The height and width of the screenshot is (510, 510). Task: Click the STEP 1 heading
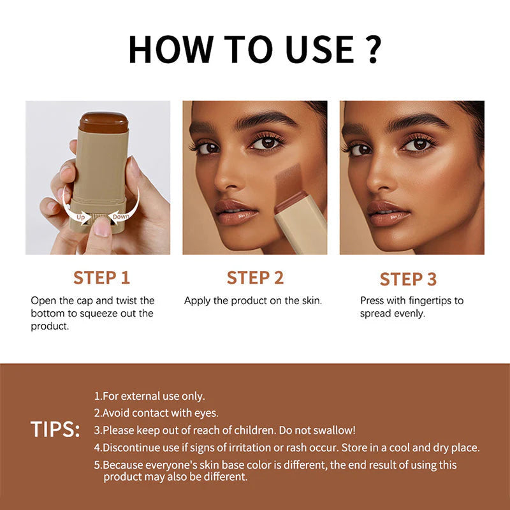[x=101, y=277]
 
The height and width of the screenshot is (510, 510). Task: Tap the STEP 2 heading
[x=255, y=277]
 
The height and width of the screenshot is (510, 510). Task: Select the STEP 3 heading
[x=408, y=279]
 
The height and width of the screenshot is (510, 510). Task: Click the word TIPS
[x=55, y=430]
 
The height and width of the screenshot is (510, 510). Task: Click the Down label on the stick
[x=121, y=217]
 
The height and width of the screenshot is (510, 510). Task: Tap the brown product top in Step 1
[x=104, y=122]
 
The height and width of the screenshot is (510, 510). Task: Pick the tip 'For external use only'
[x=149, y=397]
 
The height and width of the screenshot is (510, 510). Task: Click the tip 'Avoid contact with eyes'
[x=156, y=413]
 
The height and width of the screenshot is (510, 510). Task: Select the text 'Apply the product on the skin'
[x=253, y=300]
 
